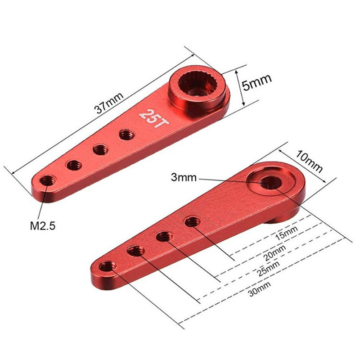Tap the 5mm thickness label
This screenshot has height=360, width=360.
(x=257, y=84)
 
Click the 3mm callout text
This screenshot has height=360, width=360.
(x=184, y=177)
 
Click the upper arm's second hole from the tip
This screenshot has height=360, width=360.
(x=73, y=165)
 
